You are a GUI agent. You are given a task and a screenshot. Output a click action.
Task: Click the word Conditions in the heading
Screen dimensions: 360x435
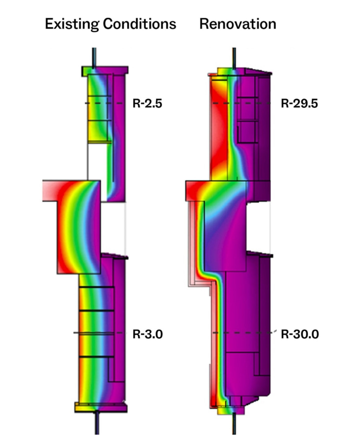[140, 24]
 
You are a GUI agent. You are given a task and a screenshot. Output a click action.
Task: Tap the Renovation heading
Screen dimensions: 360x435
[238, 24]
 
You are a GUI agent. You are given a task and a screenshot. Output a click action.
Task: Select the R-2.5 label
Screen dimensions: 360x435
[147, 103]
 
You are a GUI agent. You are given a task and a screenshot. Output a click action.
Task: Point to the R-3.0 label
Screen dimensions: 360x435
[148, 334]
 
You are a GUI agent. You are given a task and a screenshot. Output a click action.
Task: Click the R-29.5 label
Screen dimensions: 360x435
[299, 103]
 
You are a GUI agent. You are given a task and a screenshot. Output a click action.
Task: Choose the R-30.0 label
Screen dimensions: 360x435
[300, 334]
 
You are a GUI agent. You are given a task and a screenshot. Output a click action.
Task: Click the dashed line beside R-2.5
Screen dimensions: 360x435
[104, 103]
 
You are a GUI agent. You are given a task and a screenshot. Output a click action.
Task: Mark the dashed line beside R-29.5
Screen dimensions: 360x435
[242, 103]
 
